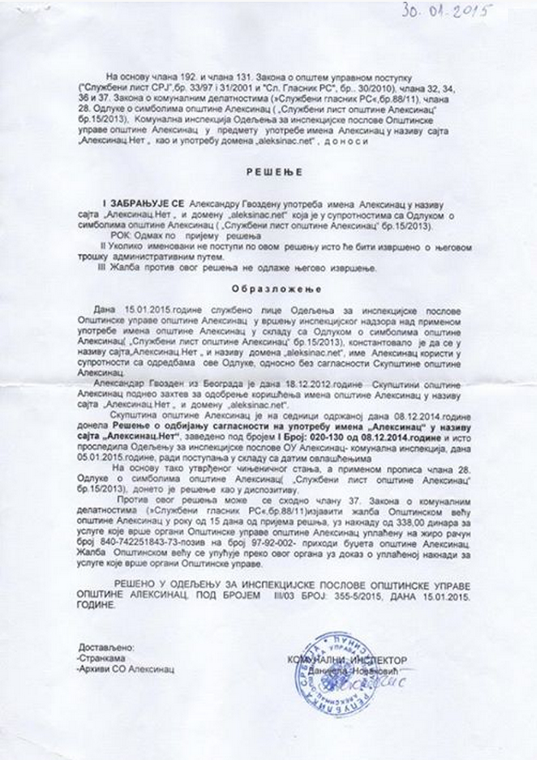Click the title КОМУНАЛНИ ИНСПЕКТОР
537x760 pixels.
(348, 660)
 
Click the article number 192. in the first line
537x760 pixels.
(170, 76)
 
